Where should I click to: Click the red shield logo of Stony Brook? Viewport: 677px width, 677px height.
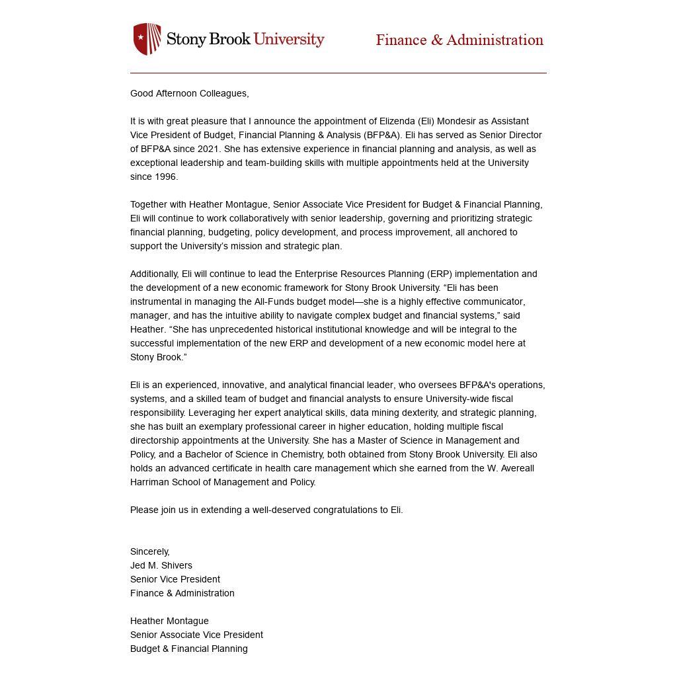(147, 39)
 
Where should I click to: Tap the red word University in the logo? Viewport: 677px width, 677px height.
(289, 39)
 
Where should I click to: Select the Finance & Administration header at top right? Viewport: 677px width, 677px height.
(459, 40)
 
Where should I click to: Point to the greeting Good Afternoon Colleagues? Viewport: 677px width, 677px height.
(189, 93)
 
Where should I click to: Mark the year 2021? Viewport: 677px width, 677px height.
(208, 149)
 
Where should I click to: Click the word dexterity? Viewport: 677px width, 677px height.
(411, 413)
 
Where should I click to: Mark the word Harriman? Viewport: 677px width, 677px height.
(149, 482)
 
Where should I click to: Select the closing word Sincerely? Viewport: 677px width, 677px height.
(150, 551)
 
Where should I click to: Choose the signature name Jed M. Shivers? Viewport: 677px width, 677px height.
(161, 565)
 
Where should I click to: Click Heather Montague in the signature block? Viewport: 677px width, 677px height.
(169, 621)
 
